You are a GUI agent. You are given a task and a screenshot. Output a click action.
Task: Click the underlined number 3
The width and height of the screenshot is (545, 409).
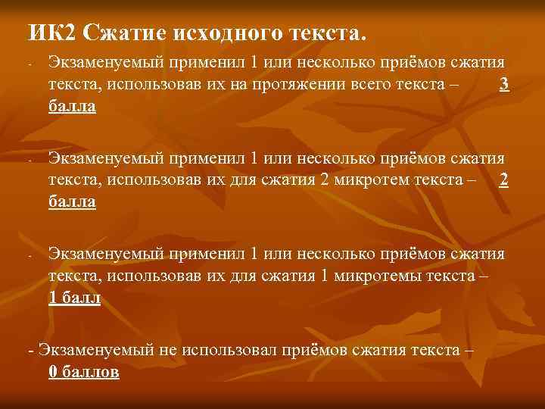pos(504,85)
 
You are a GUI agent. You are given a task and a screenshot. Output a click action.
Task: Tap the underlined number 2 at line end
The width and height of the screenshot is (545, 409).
pos(504,181)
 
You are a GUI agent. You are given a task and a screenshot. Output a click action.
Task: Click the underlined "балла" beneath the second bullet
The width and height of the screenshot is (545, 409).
pos(72,201)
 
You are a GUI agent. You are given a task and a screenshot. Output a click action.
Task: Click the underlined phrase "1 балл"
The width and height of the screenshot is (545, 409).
pos(74,298)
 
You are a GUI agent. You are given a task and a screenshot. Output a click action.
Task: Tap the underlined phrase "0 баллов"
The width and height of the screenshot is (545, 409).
pos(83,372)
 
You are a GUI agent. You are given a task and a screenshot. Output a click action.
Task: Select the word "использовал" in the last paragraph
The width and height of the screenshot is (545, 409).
pos(227,351)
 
